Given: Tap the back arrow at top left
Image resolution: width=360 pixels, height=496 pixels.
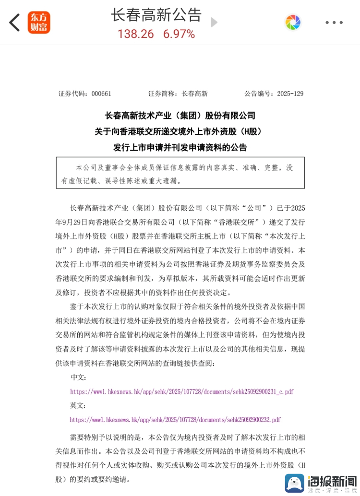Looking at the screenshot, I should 15,23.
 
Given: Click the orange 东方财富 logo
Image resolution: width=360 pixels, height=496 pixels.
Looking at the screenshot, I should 39,23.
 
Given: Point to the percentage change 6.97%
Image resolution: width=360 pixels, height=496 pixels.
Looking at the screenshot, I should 179,34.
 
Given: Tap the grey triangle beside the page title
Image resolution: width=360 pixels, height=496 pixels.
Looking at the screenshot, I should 214,23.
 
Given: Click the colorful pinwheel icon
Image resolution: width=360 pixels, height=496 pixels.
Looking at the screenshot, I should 293,22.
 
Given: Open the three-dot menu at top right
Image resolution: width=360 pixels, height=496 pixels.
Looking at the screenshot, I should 334,23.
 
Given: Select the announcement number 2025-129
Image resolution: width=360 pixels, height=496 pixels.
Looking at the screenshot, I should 290,94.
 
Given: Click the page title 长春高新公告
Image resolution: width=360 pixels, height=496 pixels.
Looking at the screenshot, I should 156,14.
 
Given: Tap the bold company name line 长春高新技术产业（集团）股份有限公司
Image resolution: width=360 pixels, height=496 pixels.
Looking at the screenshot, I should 180,116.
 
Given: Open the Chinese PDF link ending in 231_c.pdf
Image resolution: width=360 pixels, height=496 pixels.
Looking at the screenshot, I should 181,391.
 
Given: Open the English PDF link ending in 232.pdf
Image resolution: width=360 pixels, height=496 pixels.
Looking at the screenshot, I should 175,420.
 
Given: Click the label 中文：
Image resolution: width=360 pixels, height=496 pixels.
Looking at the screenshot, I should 78,378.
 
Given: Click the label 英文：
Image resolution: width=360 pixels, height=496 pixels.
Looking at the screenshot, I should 78,405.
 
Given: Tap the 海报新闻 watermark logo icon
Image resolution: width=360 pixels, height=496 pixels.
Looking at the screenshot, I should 295,483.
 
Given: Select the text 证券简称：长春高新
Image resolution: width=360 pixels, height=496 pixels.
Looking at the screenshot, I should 178,94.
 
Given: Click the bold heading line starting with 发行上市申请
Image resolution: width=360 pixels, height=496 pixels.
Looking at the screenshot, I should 180,147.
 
